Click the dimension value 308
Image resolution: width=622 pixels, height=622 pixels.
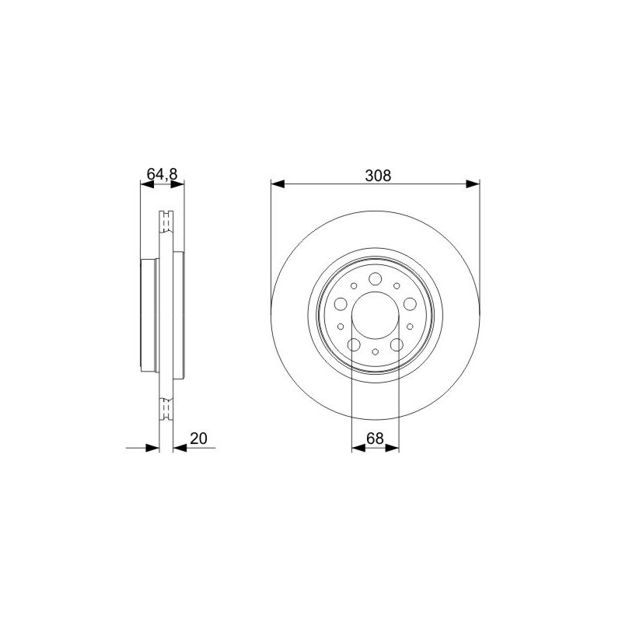[x=378, y=176]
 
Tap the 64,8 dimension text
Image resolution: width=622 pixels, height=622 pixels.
[x=162, y=173]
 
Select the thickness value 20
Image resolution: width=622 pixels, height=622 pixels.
[x=199, y=439]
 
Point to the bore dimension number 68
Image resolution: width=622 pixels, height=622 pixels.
[x=375, y=439]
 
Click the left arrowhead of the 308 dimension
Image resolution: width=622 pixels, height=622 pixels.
[x=278, y=184]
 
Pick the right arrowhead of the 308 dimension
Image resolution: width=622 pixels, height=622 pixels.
[x=473, y=184]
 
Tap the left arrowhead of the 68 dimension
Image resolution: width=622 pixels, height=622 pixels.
[x=358, y=448]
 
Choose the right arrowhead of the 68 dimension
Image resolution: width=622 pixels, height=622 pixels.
[x=392, y=448]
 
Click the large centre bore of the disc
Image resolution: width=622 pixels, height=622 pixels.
[x=376, y=316]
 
